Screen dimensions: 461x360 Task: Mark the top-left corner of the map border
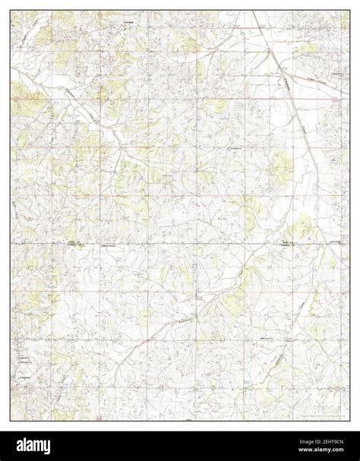point(11,11)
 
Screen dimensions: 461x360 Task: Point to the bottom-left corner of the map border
point(11,420)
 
